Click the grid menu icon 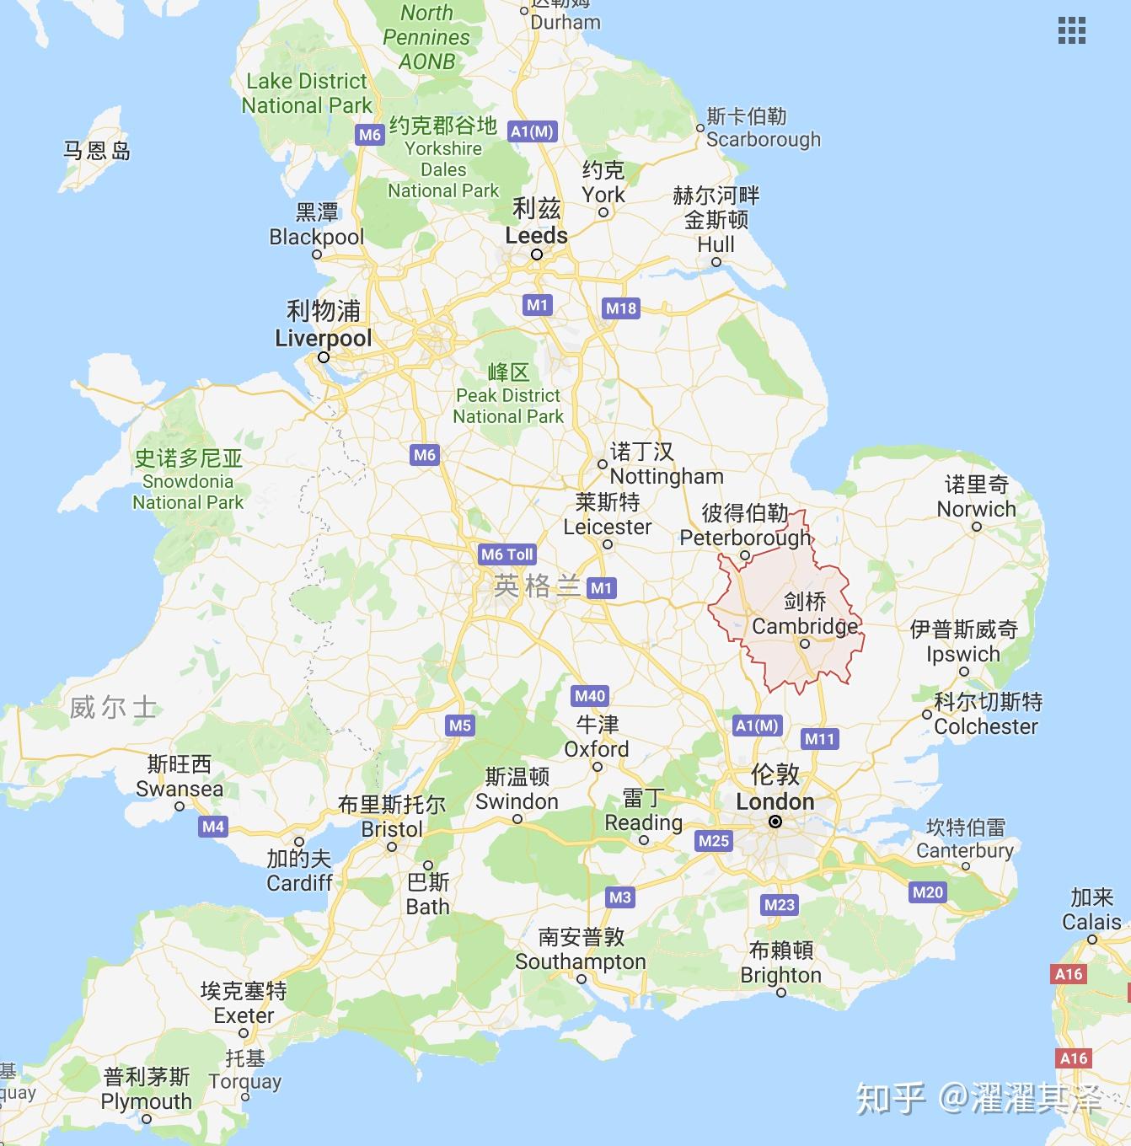pyautogui.click(x=1071, y=30)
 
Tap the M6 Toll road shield pyautogui.click(x=507, y=554)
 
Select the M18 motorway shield pyautogui.click(x=621, y=308)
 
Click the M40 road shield pyautogui.click(x=590, y=696)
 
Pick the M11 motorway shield pyautogui.click(x=819, y=739)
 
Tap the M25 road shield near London pyautogui.click(x=714, y=840)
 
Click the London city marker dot pyautogui.click(x=775, y=822)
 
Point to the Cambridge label pyautogui.click(x=805, y=626)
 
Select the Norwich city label pyautogui.click(x=977, y=509)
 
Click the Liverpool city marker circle pyautogui.click(x=323, y=357)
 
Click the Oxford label pyautogui.click(x=597, y=748)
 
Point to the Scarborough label pyautogui.click(x=763, y=139)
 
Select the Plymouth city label pyautogui.click(x=147, y=1100)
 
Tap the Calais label pyautogui.click(x=1091, y=922)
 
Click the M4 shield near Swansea pyautogui.click(x=213, y=827)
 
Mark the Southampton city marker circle pyautogui.click(x=582, y=979)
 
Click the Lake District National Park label pyautogui.click(x=307, y=94)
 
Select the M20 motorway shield pyautogui.click(x=928, y=892)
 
